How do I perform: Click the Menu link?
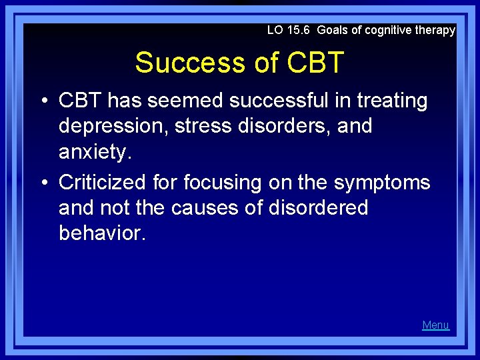click(435, 325)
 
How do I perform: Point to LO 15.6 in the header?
click(289, 30)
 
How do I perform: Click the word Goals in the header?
click(332, 30)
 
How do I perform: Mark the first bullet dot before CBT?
click(43, 101)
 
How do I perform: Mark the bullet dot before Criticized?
click(43, 183)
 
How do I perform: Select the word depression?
click(113, 126)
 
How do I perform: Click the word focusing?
click(223, 182)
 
